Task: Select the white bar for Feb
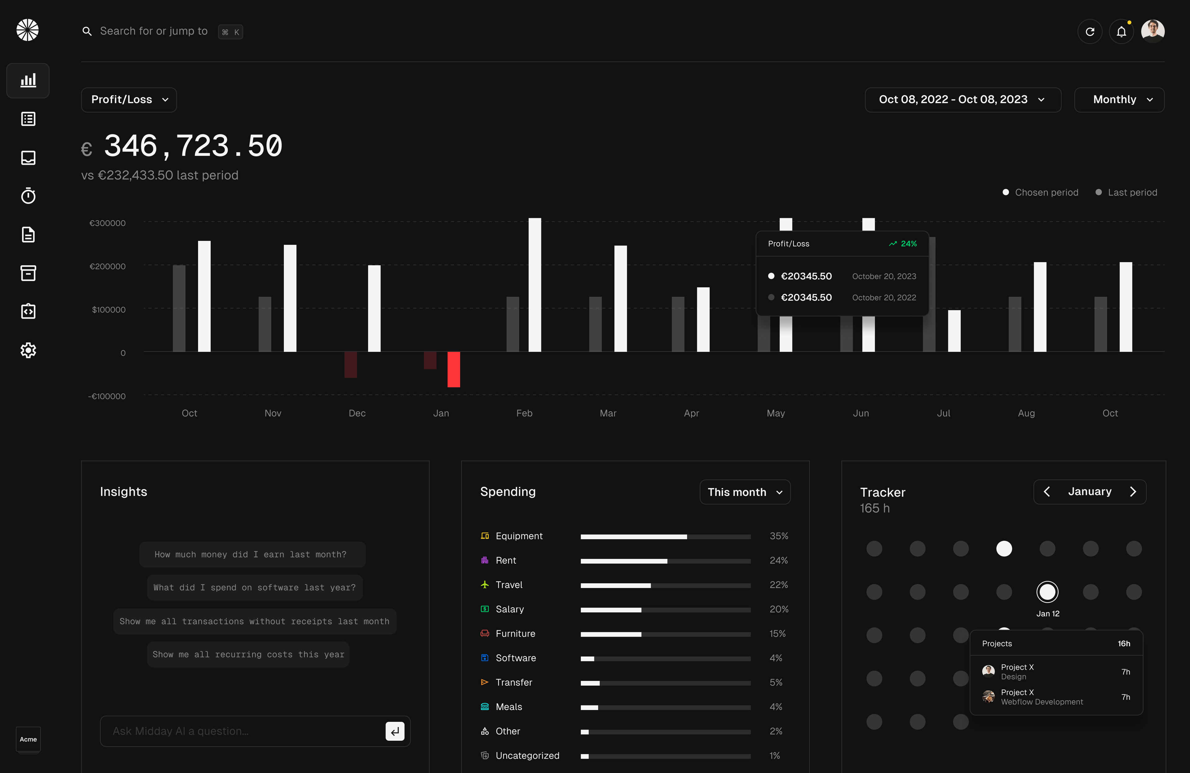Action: [x=535, y=285]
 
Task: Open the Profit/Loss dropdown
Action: [x=129, y=99]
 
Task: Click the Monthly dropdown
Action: [x=1119, y=99]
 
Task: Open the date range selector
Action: [x=963, y=99]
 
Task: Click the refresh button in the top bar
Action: [x=1090, y=32]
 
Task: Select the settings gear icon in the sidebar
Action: [x=28, y=350]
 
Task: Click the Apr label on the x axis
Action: [x=691, y=413]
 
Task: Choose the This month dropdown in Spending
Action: [x=744, y=492]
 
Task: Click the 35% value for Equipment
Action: [x=778, y=536]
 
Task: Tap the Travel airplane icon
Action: [x=484, y=585]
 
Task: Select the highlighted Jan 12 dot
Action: [x=1047, y=592]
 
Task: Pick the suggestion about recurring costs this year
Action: [x=248, y=655]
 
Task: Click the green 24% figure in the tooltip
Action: [x=908, y=244]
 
